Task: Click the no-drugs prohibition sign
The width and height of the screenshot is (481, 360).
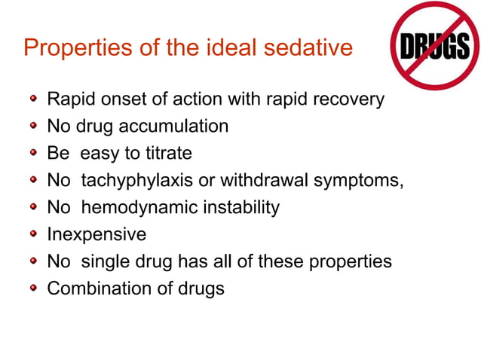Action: [x=434, y=47]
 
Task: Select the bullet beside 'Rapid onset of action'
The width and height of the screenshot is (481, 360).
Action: [x=33, y=99]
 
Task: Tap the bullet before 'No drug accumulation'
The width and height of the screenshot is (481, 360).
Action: [x=33, y=126]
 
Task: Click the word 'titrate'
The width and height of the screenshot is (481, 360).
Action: [x=168, y=154]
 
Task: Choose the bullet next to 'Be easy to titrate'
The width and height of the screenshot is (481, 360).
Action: [x=33, y=153]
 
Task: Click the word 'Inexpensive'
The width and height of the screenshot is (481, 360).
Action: [x=97, y=235]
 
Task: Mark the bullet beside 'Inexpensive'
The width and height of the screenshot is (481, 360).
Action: [x=33, y=234]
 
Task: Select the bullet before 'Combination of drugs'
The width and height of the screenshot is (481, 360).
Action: [x=33, y=288]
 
